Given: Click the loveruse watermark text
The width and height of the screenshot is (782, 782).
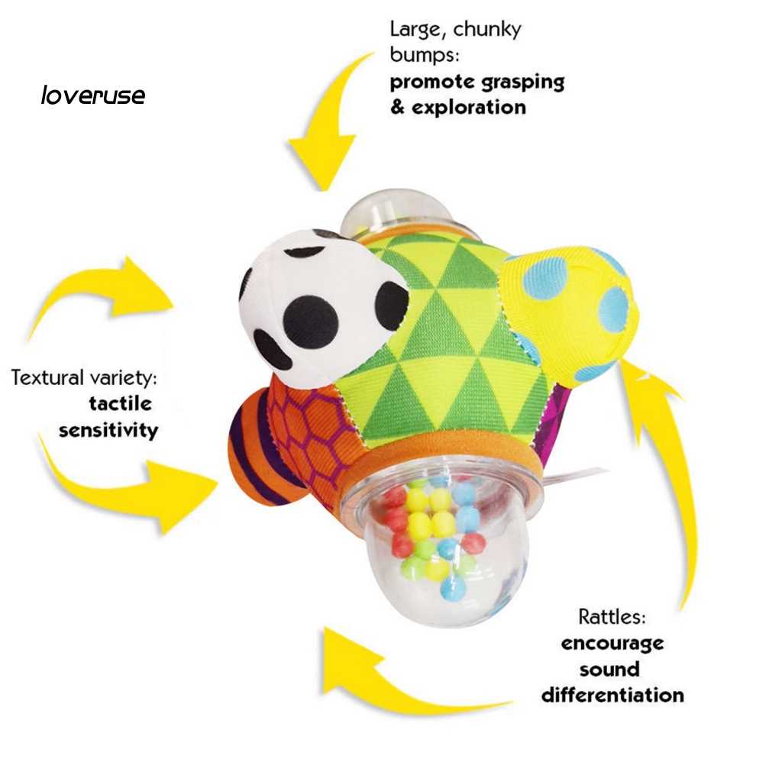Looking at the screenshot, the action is tap(92, 95).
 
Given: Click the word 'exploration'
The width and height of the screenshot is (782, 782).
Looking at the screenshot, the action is tap(468, 107).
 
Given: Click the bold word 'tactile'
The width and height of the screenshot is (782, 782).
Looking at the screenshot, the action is tap(120, 403).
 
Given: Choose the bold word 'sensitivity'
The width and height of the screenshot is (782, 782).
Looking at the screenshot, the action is tap(108, 430).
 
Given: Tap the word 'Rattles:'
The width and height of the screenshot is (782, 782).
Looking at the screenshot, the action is tap(612, 617).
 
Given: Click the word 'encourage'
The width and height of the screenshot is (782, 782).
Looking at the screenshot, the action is tap(612, 643).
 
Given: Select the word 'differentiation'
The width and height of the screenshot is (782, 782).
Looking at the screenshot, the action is tap(612, 695).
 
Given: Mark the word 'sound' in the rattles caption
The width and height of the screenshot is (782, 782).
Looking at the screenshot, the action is tap(609, 669).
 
